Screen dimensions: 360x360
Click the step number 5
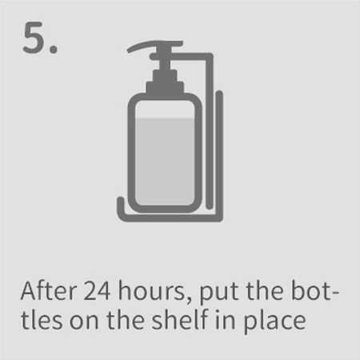[x=35, y=38]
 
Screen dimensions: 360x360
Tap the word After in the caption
[x=49, y=290]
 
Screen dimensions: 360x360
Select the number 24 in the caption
[x=97, y=291]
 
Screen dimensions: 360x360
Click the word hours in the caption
[x=151, y=290]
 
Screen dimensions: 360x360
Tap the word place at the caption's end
[x=275, y=322]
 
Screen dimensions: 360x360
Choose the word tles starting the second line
[x=42, y=320]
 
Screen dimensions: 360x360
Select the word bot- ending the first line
[x=314, y=290]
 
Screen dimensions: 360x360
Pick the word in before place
[x=226, y=320]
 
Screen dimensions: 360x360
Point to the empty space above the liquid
[x=165, y=110]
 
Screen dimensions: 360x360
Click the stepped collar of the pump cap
[x=165, y=82]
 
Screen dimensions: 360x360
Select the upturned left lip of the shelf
[x=121, y=206]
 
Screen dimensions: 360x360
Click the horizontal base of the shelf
[x=170, y=218]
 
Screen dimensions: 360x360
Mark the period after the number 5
[x=54, y=50]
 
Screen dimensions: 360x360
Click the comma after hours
[x=189, y=301]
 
